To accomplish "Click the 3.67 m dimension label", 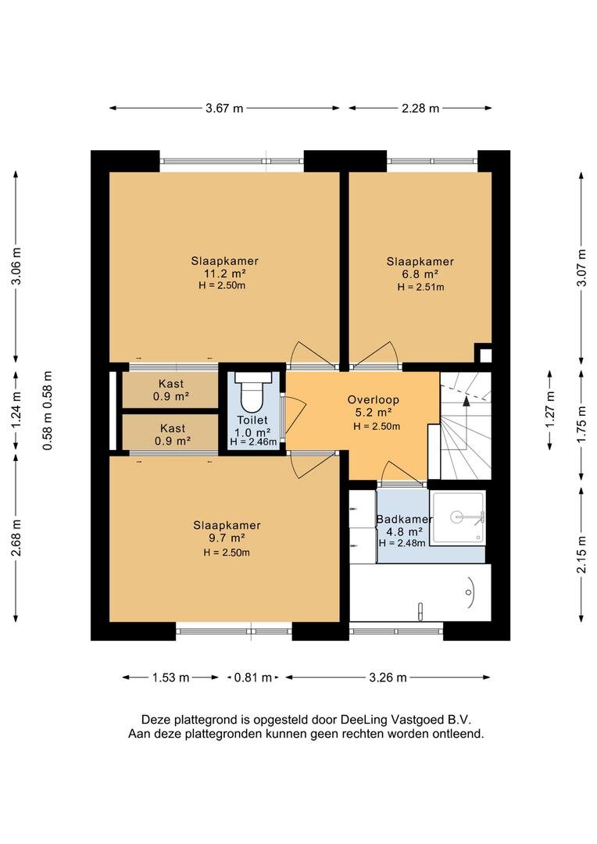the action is tap(224, 108).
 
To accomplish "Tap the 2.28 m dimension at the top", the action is tap(420, 108).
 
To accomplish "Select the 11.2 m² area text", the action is tap(224, 274).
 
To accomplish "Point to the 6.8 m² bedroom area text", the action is tap(420, 274).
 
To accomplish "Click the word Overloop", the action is tap(373, 399).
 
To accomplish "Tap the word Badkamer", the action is tap(404, 520).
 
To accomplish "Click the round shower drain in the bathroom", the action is tap(457, 518).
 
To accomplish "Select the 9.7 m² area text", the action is tap(227, 538).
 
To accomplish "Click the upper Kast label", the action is tap(171, 384).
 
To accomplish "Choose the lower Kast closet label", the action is tap(173, 428).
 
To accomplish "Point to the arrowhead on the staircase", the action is tap(467, 399).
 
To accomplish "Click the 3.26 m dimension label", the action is tap(388, 678).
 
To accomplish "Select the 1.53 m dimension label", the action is tap(170, 678).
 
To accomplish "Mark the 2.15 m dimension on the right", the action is tap(581, 555).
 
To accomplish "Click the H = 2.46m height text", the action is tap(253, 442).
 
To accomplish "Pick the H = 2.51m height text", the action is tap(420, 287).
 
